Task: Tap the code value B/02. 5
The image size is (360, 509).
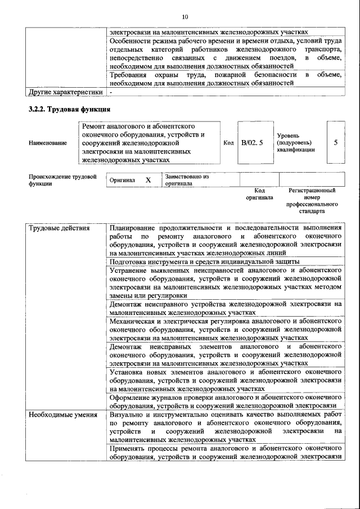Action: coord(251,143)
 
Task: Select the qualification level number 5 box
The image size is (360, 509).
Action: coord(335,143)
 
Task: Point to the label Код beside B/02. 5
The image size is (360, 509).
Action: coord(228,143)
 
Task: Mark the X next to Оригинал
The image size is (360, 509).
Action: coord(148,180)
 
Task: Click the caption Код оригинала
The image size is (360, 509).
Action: coord(259,194)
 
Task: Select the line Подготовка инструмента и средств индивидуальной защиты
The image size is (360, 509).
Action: coord(204,262)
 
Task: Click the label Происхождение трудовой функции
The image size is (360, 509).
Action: coord(62,180)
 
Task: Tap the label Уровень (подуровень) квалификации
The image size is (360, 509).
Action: coord(296,143)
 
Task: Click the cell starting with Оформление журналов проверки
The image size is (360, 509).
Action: coord(225,401)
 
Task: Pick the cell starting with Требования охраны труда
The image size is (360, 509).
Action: coord(225,79)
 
